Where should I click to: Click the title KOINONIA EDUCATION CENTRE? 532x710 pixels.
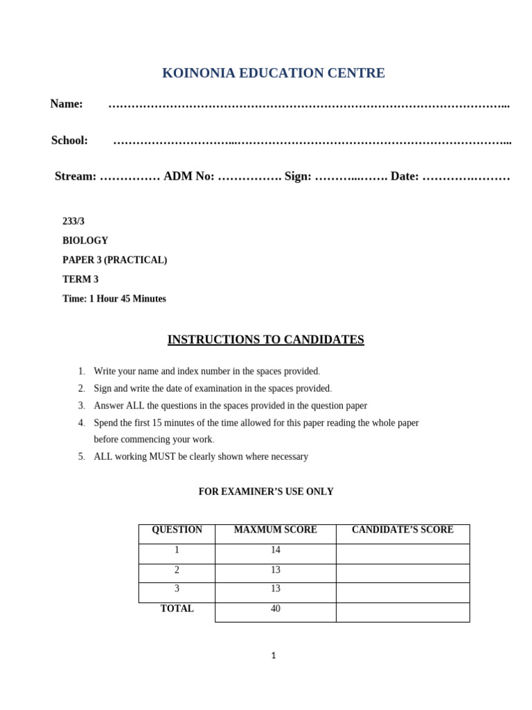click(x=273, y=73)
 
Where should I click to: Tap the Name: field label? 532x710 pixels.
click(x=66, y=104)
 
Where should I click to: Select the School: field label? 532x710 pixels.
click(x=69, y=141)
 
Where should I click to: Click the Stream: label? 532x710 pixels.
click(x=76, y=177)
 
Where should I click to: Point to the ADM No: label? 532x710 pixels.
click(x=189, y=177)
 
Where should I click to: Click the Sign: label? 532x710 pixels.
click(x=298, y=177)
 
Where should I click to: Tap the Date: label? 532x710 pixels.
click(x=405, y=177)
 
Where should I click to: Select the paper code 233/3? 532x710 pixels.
click(x=73, y=221)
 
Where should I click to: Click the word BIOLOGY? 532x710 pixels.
click(x=85, y=241)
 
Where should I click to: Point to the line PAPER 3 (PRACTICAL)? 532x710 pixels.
click(x=114, y=260)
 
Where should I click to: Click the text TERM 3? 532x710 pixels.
click(x=80, y=279)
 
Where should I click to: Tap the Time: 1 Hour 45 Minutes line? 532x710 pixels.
click(x=114, y=299)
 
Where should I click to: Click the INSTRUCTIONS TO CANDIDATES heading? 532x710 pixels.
click(x=265, y=340)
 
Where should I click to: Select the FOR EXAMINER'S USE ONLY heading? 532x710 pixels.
click(x=266, y=492)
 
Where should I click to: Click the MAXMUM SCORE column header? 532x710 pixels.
click(x=275, y=530)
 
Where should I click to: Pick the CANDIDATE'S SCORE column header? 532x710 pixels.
click(x=402, y=530)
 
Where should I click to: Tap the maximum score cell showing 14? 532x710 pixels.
click(x=275, y=550)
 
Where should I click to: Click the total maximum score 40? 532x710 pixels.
click(x=275, y=609)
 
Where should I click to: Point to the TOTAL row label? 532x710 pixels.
click(x=177, y=609)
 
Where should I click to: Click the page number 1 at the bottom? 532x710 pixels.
click(x=273, y=655)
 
